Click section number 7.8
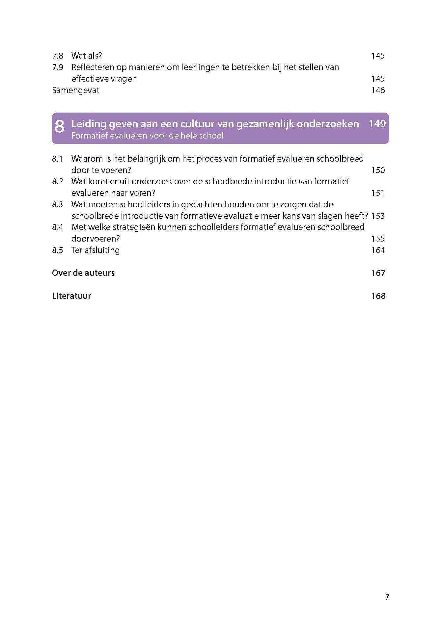pos(57,56)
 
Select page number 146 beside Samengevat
pos(378,90)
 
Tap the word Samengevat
pos(76,90)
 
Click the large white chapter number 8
pos(59,127)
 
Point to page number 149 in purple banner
pos(377,124)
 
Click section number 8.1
pos(57,159)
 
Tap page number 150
pos(378,170)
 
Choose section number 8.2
pos(57,181)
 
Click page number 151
pos(378,193)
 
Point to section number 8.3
pos(57,204)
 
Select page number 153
pos(378,216)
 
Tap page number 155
pos(378,239)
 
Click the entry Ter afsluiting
pos(95,250)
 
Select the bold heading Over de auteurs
pos(83,273)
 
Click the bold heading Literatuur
pos(71,296)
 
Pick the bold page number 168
pos(378,296)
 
